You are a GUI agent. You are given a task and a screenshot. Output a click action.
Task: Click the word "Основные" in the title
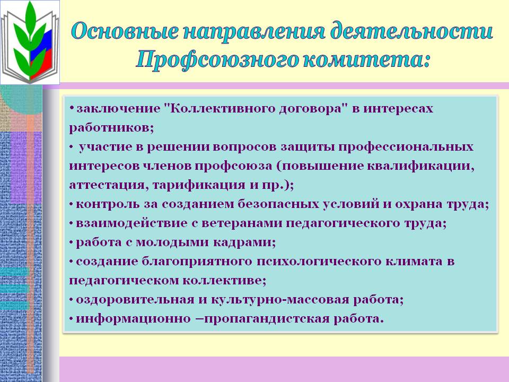tap(125, 31)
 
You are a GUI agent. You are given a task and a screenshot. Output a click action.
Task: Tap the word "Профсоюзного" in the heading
tap(216, 60)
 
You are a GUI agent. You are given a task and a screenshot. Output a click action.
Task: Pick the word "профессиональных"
tap(406, 147)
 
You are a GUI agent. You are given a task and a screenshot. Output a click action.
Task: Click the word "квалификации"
tap(420, 166)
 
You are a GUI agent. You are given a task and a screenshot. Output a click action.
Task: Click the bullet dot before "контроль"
tap(72, 204)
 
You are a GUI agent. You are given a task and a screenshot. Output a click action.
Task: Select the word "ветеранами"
tap(242, 223)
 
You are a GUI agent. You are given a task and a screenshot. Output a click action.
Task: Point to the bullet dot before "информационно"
tap(72, 319)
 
